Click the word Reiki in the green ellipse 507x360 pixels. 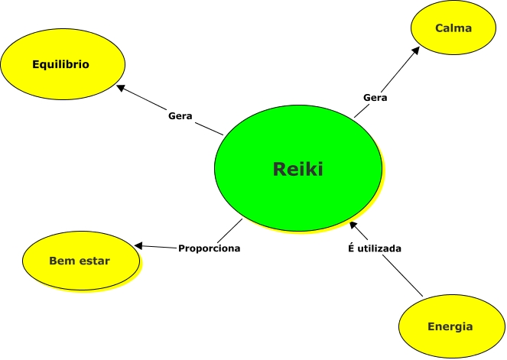coord(297,170)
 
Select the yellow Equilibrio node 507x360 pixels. coord(61,64)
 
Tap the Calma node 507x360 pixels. coord(453,28)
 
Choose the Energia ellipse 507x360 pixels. coord(449,326)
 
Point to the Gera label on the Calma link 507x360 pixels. coord(375,97)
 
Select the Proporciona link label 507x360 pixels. coord(210,248)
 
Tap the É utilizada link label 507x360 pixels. coord(371,248)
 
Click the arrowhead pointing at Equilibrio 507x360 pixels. coord(121,88)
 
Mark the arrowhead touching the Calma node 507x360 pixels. coord(416,50)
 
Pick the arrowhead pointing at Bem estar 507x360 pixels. coord(138,245)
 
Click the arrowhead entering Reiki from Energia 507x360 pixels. coord(354,225)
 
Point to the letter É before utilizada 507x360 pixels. coord(343,248)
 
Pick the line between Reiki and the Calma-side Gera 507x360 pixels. coord(361,111)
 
